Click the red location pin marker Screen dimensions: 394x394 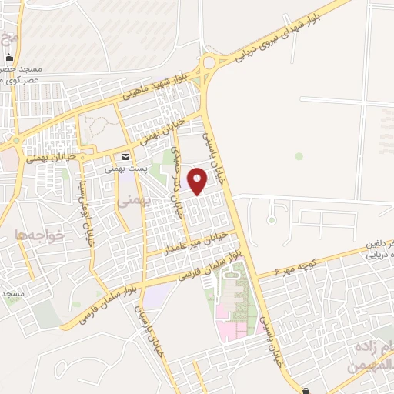[199, 182]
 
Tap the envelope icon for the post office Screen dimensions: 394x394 [125, 157]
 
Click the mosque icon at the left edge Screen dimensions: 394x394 [8, 58]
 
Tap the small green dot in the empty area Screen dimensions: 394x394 [299, 156]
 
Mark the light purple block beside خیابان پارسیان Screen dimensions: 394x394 [157, 295]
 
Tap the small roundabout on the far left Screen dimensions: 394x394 [13, 144]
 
